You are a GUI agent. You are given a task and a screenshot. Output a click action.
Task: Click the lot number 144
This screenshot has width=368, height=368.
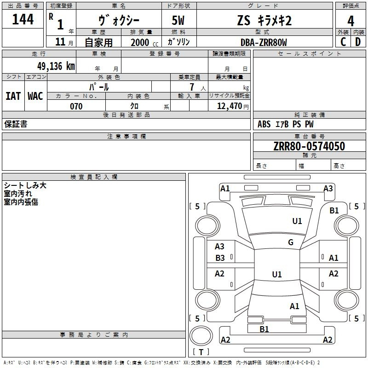click(23, 19)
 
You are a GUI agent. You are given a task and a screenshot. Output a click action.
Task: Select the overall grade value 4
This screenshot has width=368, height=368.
click(351, 21)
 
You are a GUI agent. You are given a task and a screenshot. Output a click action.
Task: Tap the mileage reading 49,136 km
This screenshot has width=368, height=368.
click(56, 66)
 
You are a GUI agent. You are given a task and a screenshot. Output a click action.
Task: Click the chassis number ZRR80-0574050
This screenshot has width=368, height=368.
click(309, 146)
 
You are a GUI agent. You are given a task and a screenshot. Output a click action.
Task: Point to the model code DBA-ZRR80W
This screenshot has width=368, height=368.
click(264, 42)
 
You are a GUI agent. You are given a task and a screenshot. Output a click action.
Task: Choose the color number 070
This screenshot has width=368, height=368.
click(76, 106)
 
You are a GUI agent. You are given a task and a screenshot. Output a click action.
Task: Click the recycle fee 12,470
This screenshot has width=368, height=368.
click(229, 106)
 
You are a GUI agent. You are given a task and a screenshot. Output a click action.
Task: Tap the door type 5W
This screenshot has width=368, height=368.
click(178, 20)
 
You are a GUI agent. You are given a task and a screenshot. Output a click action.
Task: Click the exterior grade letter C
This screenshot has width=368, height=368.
click(343, 42)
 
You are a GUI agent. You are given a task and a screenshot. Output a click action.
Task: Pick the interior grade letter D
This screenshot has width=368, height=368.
click(358, 42)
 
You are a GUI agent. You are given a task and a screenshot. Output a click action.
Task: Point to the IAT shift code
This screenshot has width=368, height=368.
click(13, 96)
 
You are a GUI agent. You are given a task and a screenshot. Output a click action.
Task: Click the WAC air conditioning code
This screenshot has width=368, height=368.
click(35, 96)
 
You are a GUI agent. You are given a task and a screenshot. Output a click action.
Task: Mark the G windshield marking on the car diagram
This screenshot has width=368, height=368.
click(291, 242)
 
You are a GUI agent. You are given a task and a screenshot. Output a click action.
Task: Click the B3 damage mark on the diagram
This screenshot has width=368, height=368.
click(220, 258)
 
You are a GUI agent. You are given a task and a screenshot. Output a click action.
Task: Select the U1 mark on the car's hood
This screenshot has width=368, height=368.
click(297, 221)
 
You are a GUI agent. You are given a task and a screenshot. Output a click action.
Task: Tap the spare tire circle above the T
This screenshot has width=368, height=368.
click(201, 336)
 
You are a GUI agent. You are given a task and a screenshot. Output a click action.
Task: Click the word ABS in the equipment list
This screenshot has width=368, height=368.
click(264, 124)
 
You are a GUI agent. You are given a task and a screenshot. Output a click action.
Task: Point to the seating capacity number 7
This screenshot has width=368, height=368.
click(192, 87)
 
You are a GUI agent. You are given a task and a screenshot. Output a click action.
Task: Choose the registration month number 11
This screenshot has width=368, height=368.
click(60, 42)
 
